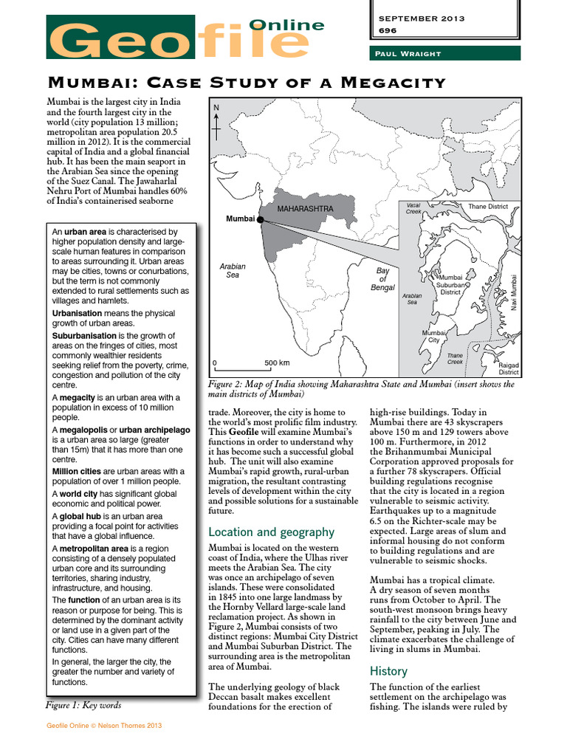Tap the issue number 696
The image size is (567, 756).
click(388, 31)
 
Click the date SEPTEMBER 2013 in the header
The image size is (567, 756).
click(421, 18)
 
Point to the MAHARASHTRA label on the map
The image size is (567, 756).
click(305, 209)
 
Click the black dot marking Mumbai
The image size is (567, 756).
click(260, 219)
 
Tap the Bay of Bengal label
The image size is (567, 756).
click(382, 279)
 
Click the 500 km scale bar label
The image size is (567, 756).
click(277, 363)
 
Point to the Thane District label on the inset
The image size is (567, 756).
click(488, 207)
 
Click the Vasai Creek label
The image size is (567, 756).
click(413, 207)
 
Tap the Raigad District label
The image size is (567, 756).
click(509, 368)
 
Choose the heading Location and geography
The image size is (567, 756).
click(271, 532)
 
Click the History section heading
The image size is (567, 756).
click(388, 671)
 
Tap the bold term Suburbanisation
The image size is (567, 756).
click(85, 336)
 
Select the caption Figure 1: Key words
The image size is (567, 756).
click(83, 705)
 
